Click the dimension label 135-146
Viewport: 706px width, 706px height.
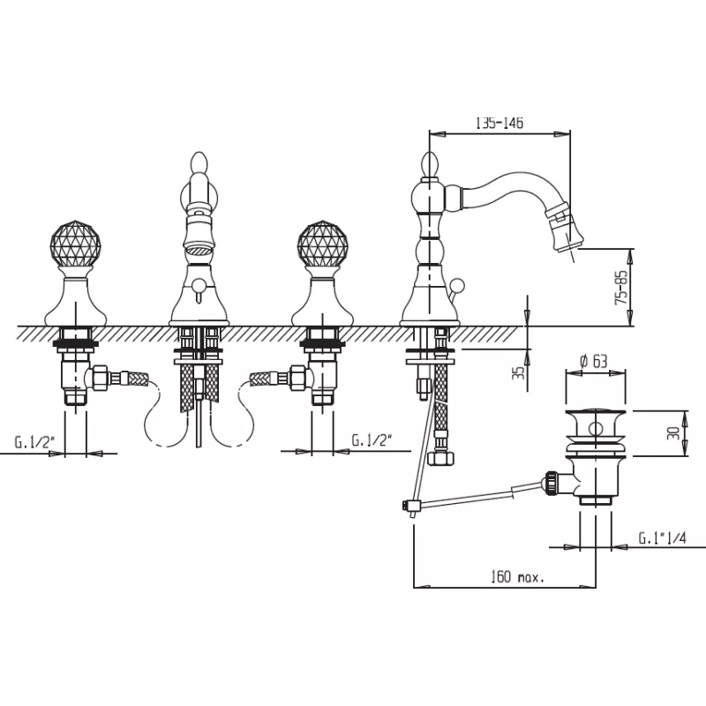499,123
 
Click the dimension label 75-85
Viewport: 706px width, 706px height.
621,288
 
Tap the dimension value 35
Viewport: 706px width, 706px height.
519,372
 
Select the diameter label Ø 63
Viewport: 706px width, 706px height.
594,361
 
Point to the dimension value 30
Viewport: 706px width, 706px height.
674,433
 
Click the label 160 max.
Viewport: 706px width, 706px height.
517,576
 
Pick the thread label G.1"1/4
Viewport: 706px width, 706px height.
663,537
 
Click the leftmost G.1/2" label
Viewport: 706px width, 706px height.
34,442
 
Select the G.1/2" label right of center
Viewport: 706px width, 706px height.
372,439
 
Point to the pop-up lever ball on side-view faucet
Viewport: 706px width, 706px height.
457,284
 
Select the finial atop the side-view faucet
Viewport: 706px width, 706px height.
430,165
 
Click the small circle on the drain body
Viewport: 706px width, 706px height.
595,428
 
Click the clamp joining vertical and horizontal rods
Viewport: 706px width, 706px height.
410,506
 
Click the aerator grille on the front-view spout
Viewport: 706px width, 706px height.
199,249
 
